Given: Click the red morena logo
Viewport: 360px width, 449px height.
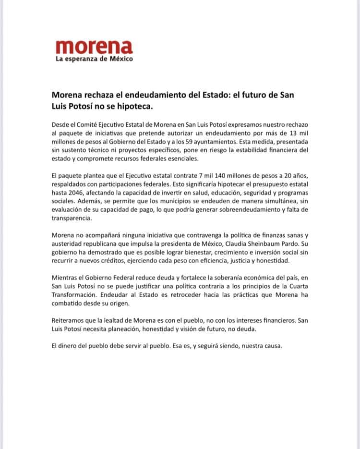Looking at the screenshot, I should (x=94, y=47).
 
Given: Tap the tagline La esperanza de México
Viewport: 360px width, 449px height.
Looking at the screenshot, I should (x=94, y=59).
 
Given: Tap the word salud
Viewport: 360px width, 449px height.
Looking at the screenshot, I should (x=189, y=194).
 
